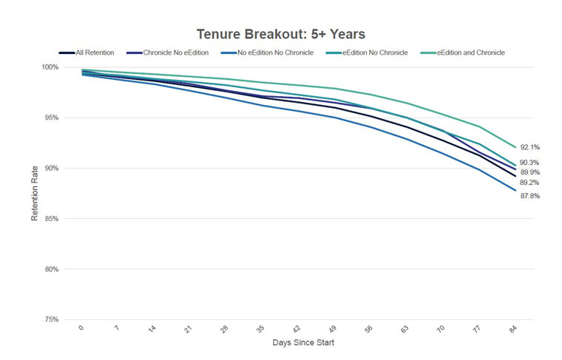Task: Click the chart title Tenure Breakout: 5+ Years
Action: point(281,34)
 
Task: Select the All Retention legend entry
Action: point(87,52)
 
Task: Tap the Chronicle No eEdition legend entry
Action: point(167,52)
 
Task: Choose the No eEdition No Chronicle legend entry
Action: point(267,52)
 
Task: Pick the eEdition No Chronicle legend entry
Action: point(367,52)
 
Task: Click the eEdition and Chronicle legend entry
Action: point(462,52)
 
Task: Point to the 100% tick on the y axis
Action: point(50,67)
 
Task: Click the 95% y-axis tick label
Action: point(51,118)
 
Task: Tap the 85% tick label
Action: point(51,219)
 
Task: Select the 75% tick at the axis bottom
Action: point(51,319)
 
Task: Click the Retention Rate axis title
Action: point(35,193)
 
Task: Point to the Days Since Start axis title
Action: point(303,342)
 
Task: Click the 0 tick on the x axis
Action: point(81,327)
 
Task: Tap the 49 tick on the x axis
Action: point(332,328)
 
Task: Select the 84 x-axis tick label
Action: point(513,328)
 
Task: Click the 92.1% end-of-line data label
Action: point(529,147)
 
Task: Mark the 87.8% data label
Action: point(529,196)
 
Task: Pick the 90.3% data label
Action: point(529,163)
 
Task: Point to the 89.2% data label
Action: point(529,183)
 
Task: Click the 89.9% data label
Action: point(529,172)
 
